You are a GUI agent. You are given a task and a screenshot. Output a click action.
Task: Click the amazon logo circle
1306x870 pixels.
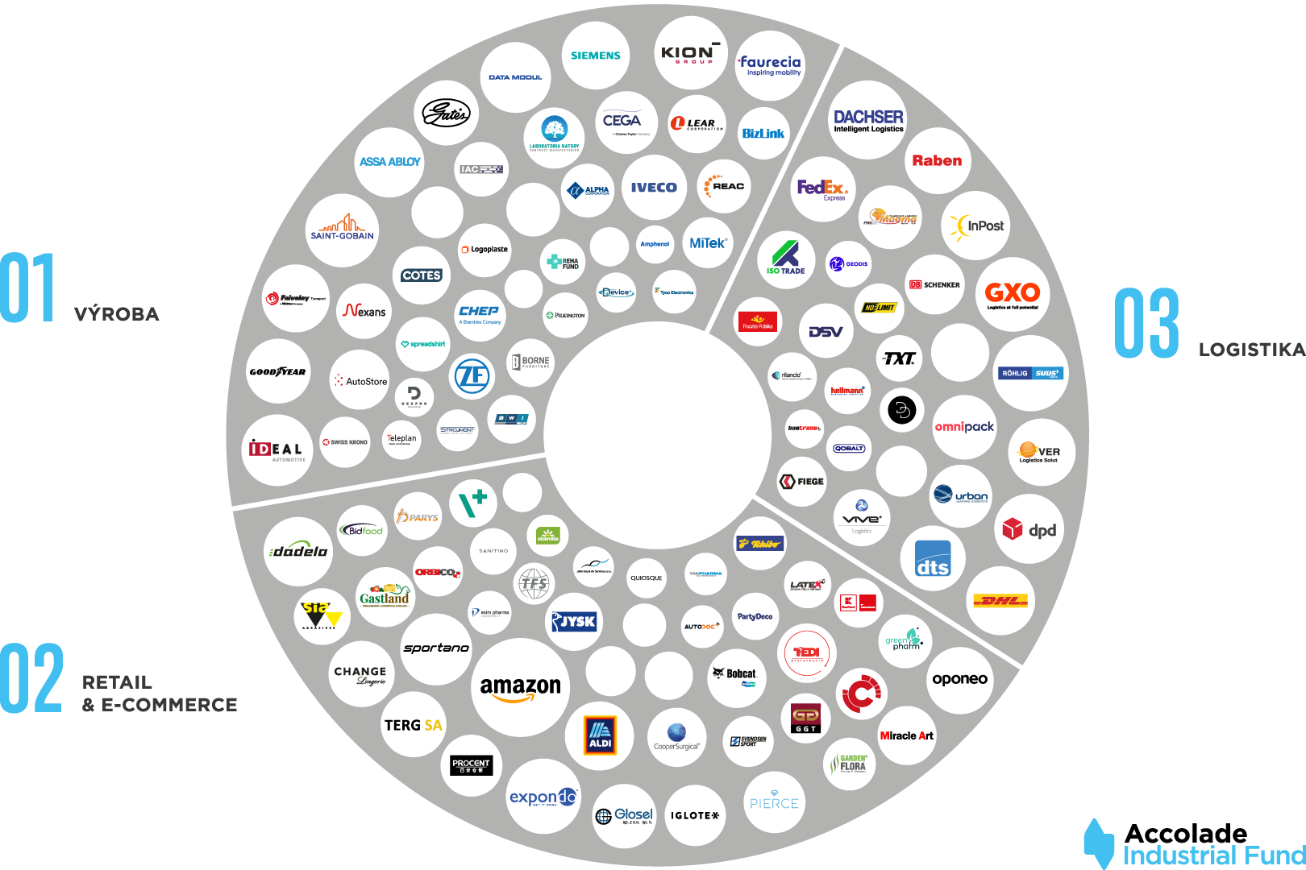[520, 687]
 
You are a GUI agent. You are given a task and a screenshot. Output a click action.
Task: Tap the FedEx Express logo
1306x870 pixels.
[822, 188]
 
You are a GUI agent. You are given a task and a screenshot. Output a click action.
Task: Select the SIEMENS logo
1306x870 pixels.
[596, 56]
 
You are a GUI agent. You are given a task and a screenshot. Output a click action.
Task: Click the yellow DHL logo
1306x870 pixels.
[1000, 600]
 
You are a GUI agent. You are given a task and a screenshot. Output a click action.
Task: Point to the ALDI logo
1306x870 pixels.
[600, 735]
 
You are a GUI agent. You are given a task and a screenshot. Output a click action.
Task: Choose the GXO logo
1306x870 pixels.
[1013, 294]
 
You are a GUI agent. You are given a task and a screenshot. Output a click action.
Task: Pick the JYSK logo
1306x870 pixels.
[573, 621]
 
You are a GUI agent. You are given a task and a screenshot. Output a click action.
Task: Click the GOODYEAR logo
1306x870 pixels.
[277, 371]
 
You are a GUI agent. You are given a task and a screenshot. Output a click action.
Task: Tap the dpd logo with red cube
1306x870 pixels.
[1029, 529]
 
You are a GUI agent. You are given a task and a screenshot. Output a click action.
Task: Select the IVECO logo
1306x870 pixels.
[654, 188]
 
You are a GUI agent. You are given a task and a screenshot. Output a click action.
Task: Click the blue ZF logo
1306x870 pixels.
[472, 375]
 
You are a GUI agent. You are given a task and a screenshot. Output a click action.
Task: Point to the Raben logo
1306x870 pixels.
[937, 160]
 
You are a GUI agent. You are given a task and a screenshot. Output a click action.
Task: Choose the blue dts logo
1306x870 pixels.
[933, 558]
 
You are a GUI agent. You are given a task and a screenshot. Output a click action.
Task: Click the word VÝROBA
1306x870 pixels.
[116, 314]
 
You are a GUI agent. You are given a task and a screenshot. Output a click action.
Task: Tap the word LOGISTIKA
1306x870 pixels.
[1251, 350]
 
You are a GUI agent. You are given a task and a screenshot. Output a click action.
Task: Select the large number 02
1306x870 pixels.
[31, 678]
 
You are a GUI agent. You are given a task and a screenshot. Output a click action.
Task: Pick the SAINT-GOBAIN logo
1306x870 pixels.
[343, 229]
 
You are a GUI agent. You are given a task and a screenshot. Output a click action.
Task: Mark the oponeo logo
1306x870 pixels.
[959, 679]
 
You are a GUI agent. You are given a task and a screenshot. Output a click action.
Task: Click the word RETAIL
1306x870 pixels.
[117, 682]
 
